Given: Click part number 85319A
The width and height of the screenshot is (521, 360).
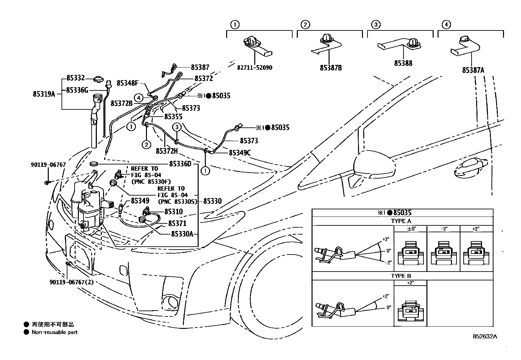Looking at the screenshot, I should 44,94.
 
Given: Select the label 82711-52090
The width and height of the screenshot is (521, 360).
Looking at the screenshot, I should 254,68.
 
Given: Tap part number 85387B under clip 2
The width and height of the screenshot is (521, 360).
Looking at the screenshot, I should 331,68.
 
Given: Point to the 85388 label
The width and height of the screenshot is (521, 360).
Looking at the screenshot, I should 403,63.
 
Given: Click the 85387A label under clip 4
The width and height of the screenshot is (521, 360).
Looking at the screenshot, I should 473,70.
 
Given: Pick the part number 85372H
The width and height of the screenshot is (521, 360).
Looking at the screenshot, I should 167,151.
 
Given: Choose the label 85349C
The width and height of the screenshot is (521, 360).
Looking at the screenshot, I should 240,153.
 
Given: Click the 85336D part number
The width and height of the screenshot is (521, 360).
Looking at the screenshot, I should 180,164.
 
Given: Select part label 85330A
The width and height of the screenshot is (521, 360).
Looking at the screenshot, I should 182,234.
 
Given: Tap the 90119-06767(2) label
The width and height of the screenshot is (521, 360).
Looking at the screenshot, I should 71,282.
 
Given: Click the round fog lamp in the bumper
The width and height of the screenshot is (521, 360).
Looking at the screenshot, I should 171,301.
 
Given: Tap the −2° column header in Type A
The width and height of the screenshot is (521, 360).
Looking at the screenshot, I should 443,229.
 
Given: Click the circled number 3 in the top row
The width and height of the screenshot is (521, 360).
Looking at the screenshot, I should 376,24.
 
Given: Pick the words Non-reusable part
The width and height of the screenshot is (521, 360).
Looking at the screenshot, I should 55,332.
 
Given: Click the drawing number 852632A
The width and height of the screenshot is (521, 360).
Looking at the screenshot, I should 484,336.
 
